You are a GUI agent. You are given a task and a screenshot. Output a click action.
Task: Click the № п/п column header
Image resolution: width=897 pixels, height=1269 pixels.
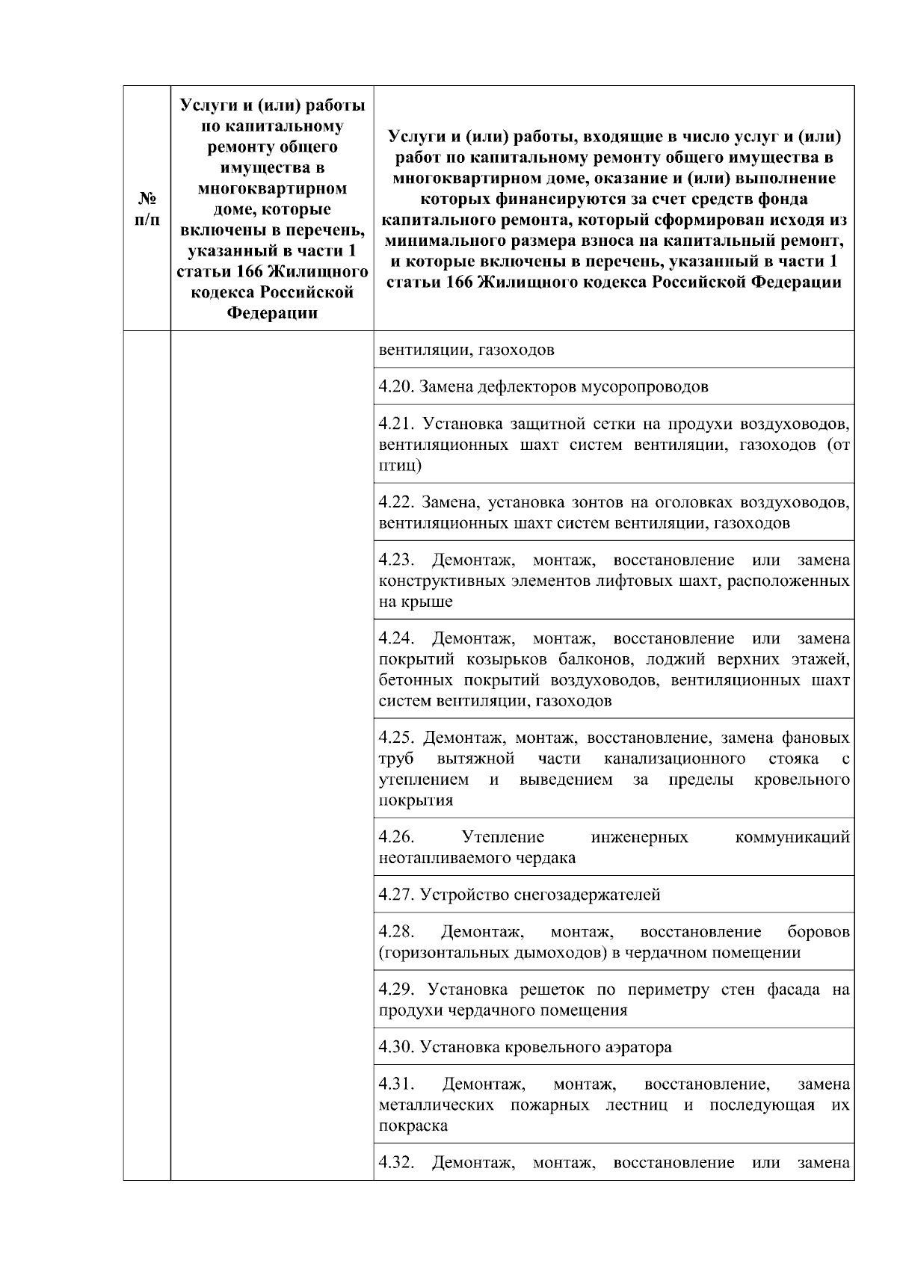click(147, 209)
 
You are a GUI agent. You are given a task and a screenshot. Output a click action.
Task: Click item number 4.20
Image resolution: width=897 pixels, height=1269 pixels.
click(396, 387)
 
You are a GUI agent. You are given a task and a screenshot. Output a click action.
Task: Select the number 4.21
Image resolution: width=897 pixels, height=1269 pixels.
click(396, 424)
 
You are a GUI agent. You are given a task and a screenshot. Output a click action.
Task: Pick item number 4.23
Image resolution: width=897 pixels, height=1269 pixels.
click(396, 560)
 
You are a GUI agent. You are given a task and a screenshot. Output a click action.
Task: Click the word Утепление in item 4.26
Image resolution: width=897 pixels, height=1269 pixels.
click(503, 837)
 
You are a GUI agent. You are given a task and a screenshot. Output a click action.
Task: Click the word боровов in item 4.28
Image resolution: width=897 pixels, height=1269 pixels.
click(819, 932)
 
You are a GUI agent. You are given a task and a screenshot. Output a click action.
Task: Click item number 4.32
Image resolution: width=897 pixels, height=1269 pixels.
click(396, 1163)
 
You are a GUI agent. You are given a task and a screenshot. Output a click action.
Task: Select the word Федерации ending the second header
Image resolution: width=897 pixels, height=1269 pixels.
click(272, 314)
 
